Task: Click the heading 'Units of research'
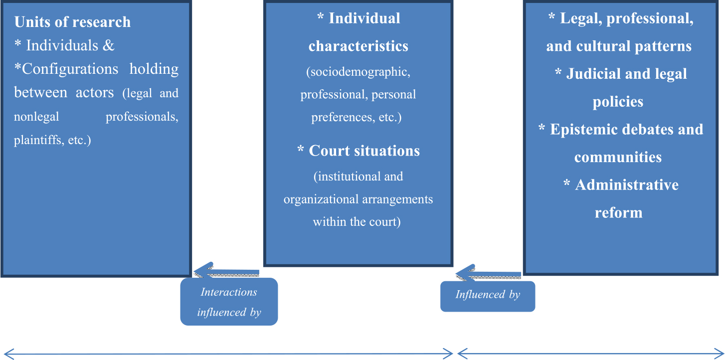(x=72, y=22)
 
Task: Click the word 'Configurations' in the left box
(x=70, y=69)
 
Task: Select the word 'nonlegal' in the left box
(x=36, y=117)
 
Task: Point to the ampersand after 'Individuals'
(x=109, y=46)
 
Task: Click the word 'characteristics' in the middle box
(x=358, y=46)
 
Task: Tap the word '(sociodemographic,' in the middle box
(x=358, y=72)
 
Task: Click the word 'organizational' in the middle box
(x=325, y=199)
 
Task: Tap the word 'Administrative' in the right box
(x=627, y=185)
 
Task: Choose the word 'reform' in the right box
(x=618, y=213)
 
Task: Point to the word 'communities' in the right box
(x=618, y=158)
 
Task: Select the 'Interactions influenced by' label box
(x=229, y=302)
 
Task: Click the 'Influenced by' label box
(x=487, y=295)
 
